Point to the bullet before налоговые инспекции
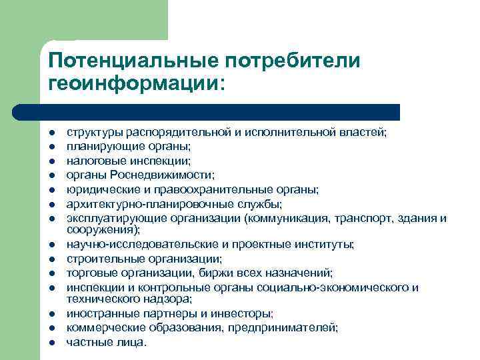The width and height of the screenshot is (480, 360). click(51, 161)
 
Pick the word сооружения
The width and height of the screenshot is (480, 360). click(99, 229)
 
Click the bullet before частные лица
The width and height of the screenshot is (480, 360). click(51, 342)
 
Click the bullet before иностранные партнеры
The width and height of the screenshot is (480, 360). click(51, 314)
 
